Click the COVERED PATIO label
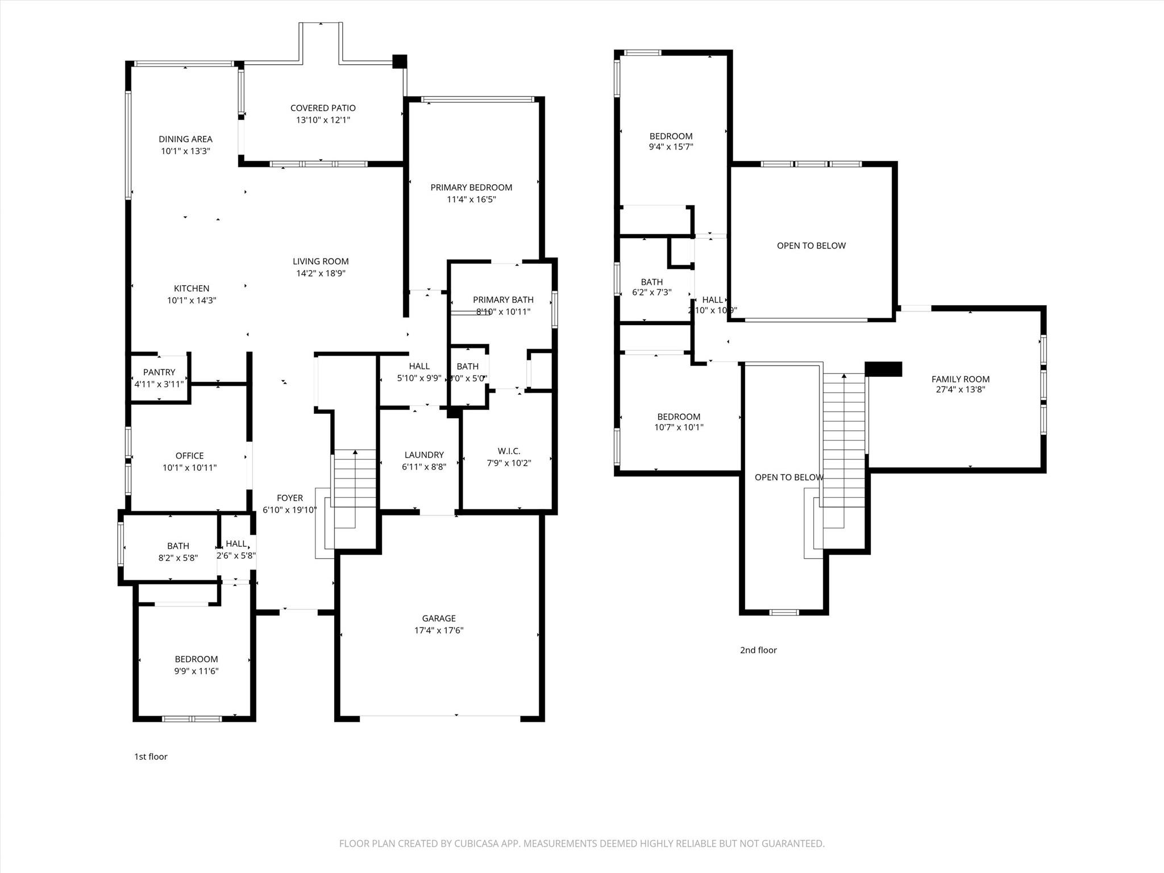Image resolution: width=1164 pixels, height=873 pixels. [x=323, y=108]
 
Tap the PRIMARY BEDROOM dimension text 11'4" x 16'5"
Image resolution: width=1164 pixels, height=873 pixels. [x=471, y=199]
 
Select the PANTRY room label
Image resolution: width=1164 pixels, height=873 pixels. [x=159, y=372]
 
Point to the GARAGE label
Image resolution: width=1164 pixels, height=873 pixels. [x=439, y=618]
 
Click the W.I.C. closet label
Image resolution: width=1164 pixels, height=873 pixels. [x=509, y=451]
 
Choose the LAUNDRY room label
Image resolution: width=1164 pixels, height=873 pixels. [x=424, y=455]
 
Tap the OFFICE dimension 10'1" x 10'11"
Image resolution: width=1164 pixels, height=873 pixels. [x=189, y=468]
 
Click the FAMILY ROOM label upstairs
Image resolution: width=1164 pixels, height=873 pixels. [x=960, y=379]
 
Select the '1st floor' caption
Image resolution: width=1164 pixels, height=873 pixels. [x=151, y=756]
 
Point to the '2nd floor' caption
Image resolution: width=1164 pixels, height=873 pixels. [x=758, y=650]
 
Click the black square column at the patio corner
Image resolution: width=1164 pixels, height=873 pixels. [x=400, y=61]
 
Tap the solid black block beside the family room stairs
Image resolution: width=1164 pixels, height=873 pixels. [x=883, y=369]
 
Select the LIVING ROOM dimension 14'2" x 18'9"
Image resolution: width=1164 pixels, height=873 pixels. [x=321, y=273]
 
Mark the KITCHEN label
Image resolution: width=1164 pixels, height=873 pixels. [x=192, y=289]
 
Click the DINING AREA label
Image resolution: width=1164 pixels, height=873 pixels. [x=185, y=139]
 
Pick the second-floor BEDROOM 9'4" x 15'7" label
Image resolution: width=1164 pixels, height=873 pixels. [x=671, y=136]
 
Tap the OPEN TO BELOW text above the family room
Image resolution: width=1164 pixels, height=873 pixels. [x=811, y=246]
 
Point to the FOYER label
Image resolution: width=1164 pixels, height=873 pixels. [x=290, y=498]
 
